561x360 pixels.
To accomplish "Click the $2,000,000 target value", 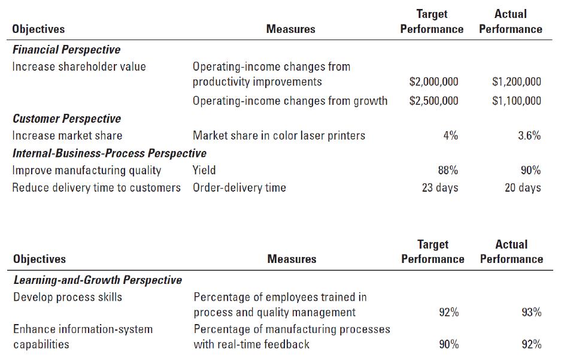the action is [433, 82].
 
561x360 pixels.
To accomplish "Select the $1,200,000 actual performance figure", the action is [516, 82].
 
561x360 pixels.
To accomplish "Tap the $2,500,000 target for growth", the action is [433, 101].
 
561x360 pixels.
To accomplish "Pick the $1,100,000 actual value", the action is [516, 101].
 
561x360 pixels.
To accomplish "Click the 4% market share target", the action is [450, 135].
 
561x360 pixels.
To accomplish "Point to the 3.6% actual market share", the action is [529, 135].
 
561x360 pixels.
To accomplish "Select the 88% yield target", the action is [448, 170].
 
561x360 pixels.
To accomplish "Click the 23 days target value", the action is [439, 187].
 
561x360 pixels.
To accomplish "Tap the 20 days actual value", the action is [523, 187].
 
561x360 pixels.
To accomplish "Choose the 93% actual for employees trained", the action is [531, 313].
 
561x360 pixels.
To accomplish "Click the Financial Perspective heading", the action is [66, 49].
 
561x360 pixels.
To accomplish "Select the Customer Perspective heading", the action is [66, 119].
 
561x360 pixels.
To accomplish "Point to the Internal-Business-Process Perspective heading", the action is [110, 153].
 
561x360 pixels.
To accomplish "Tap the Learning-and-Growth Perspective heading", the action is [98, 280].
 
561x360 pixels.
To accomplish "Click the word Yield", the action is [204, 170].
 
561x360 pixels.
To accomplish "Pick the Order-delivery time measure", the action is [239, 187].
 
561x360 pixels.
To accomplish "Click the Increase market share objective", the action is [67, 135].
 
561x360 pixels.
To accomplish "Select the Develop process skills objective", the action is [68, 297].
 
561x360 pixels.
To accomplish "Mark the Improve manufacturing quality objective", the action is [87, 170].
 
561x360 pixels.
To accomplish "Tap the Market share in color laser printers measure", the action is [279, 135].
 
